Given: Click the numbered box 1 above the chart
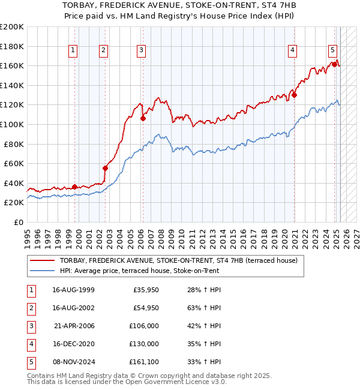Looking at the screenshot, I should (x=73, y=51).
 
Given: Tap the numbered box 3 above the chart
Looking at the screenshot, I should (x=141, y=51).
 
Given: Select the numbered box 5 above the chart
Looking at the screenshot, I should (x=332, y=51).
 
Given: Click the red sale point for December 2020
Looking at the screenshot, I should (x=295, y=95).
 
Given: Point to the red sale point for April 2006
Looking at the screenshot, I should (x=143, y=119).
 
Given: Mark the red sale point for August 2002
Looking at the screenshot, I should (x=105, y=169).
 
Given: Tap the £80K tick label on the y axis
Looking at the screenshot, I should (x=13, y=144).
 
